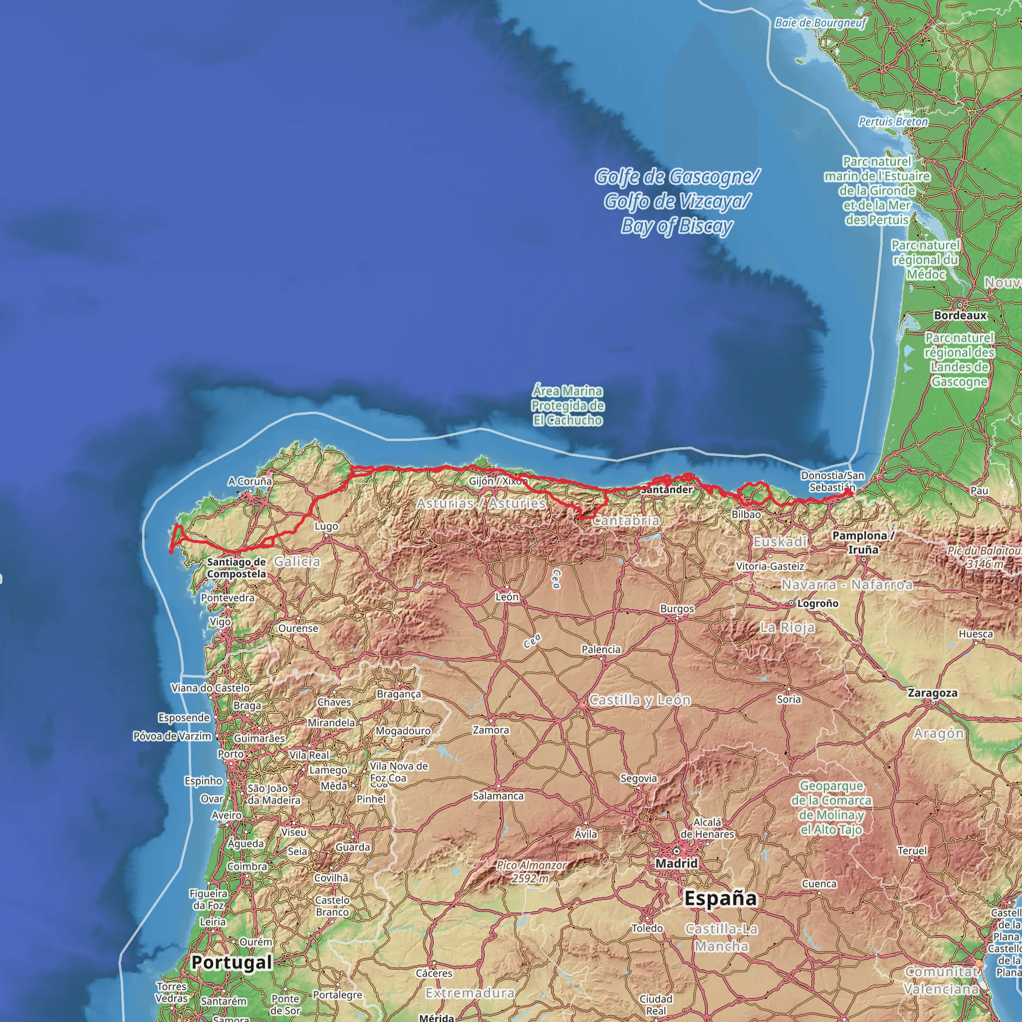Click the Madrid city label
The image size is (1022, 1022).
676,863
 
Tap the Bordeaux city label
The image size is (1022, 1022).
960,315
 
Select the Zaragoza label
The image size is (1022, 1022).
933,693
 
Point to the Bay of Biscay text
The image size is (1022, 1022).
677,226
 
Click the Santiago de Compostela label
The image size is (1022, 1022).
237,567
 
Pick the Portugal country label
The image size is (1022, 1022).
232,962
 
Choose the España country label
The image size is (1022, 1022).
721,898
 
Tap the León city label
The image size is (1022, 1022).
507,597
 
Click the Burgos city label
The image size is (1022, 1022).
677,609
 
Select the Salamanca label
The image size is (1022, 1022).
498,796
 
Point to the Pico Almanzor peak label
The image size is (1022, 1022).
531,872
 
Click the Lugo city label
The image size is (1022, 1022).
326,526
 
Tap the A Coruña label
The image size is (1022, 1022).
250,482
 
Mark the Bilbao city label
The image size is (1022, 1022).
746,514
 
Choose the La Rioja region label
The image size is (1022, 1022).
787,628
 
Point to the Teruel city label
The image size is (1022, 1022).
912,851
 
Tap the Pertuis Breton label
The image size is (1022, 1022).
893,122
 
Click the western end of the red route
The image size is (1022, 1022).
171,552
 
